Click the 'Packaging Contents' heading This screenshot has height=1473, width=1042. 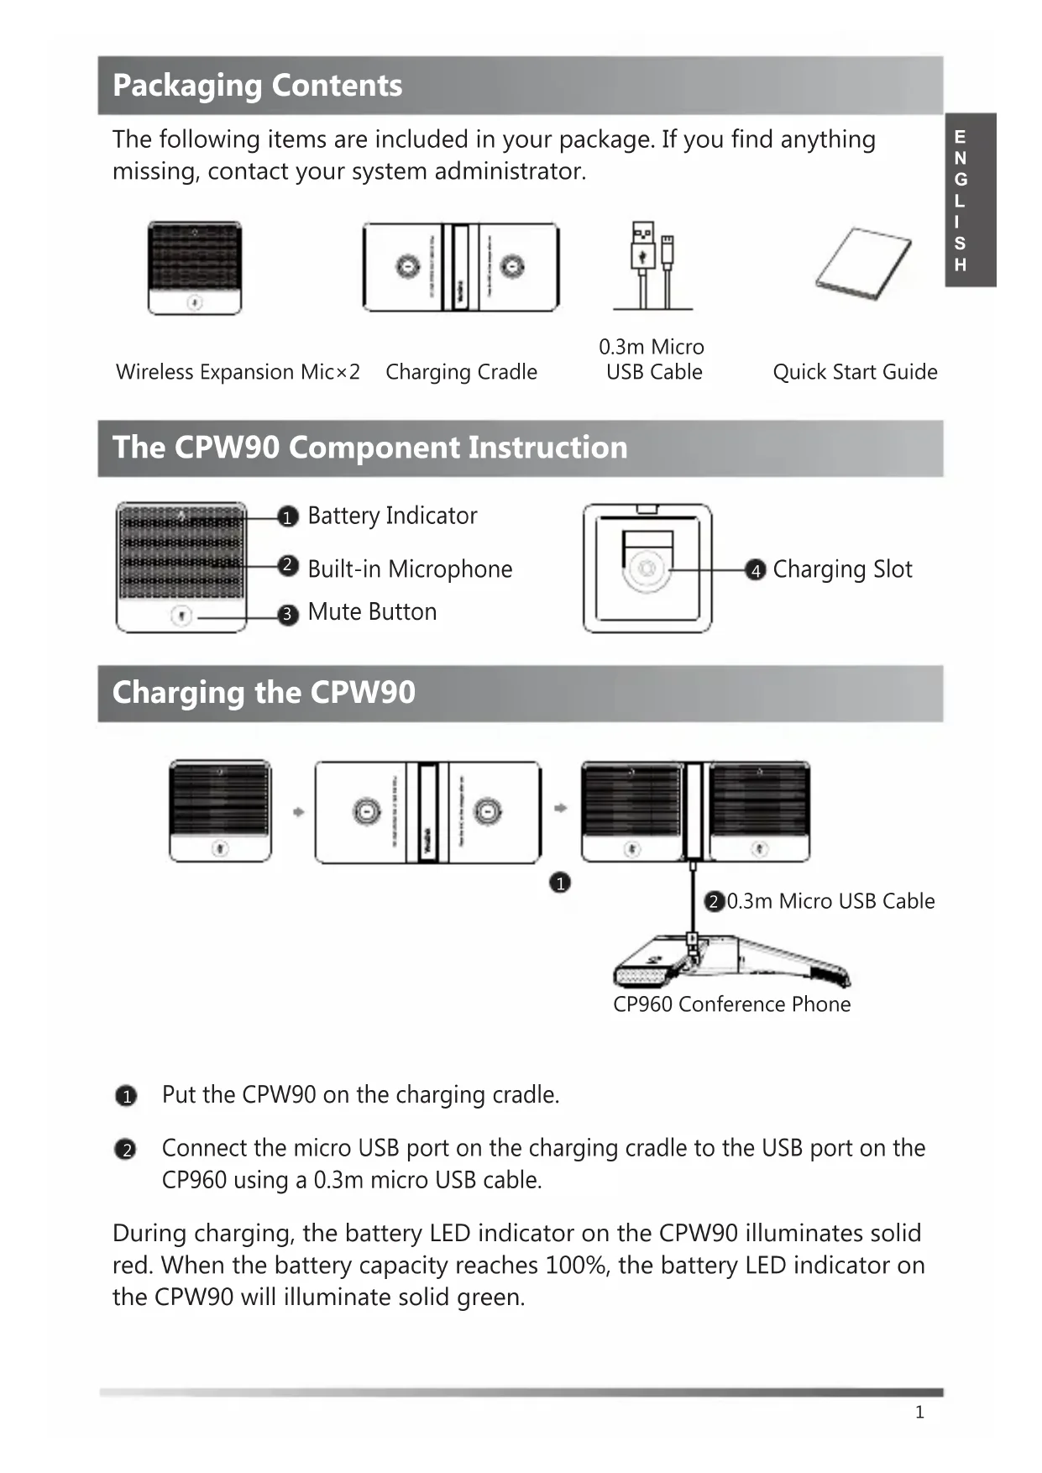coord(257,86)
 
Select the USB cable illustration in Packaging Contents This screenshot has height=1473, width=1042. coord(652,266)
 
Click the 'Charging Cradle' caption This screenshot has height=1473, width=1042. coord(461,372)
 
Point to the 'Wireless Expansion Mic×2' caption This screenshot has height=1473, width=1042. coord(238,372)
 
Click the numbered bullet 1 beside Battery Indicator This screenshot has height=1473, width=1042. coord(288,517)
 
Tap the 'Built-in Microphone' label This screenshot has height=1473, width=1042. coord(410,569)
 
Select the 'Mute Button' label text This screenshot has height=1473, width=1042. coord(372,612)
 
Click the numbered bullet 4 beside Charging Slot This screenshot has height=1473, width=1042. coord(756,571)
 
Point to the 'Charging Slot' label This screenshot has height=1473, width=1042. coord(842,569)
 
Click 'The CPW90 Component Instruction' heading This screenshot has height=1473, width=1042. coord(369,448)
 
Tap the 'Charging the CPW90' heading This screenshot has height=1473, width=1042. coord(264,693)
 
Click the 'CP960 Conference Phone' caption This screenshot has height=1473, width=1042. coord(731,1004)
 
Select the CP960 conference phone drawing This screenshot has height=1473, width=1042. coord(730,962)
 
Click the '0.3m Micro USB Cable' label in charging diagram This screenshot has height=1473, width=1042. coord(830,901)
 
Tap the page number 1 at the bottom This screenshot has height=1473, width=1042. coord(919,1413)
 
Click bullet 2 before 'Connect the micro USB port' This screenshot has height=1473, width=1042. coord(126,1150)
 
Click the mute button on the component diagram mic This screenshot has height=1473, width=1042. coord(181,616)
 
